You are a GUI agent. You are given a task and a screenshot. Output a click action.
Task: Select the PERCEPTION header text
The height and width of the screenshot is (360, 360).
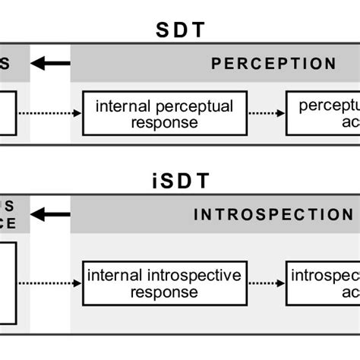pos(273,65)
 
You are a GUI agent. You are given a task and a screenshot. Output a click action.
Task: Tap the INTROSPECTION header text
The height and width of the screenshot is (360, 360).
pos(273,215)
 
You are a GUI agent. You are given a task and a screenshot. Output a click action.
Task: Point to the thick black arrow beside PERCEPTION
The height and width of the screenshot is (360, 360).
pos(51,63)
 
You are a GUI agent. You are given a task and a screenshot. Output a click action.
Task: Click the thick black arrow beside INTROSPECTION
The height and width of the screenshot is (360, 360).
pos(51,215)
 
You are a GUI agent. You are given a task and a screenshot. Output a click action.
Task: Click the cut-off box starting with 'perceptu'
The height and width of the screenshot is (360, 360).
pos(322,114)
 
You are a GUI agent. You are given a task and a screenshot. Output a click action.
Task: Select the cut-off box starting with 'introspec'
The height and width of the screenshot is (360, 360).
pos(322,283)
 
